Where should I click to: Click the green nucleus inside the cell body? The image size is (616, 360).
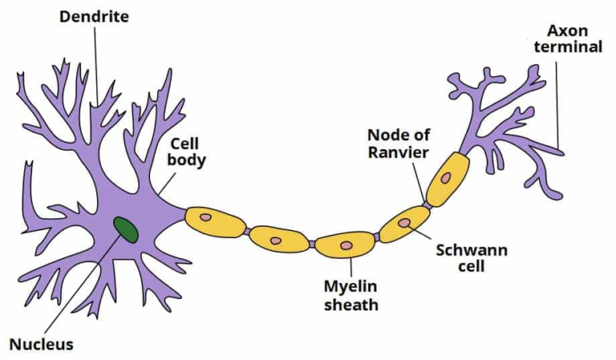[124, 229]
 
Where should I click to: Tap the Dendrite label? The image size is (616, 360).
[93, 16]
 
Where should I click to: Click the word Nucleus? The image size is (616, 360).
[41, 345]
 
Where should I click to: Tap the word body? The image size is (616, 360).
[188, 160]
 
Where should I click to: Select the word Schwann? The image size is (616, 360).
[472, 249]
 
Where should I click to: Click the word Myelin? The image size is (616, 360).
[351, 286]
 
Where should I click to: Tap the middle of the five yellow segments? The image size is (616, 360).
[346, 244]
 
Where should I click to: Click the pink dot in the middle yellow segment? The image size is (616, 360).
[346, 245]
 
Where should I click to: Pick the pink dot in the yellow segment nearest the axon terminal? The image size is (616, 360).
[445, 177]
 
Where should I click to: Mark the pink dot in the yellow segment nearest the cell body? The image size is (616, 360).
[205, 216]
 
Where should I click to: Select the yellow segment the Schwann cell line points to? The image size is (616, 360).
[403, 224]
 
